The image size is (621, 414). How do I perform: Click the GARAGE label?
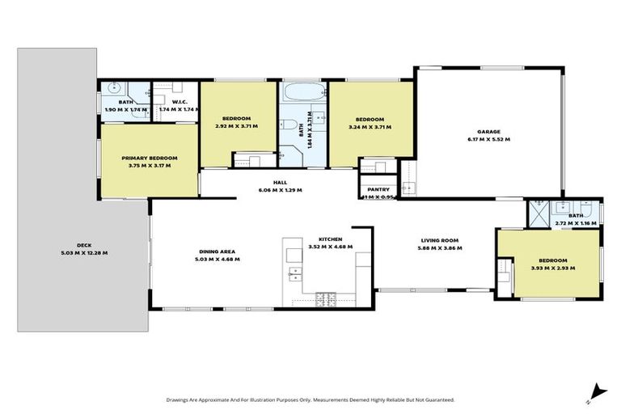pos(488,131)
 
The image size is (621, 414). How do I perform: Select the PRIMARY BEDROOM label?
pos(149,158)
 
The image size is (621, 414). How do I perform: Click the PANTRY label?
pos(378,189)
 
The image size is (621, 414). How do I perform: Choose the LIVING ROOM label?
pos(439,240)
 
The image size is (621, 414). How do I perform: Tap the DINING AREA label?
pos(218,251)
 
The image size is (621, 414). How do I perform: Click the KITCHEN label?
pos(331,240)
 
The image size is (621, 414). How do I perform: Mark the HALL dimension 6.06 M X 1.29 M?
pos(279,190)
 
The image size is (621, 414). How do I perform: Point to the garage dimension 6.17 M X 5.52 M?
pos(488,139)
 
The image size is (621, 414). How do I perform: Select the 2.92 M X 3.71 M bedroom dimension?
pos(238,127)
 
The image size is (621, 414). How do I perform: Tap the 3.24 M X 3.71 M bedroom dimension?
pos(370,127)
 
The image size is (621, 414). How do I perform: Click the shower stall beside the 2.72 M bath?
pos(537,213)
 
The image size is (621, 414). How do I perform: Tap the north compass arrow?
pos(596,391)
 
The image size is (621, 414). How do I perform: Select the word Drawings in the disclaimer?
pos(180,399)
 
